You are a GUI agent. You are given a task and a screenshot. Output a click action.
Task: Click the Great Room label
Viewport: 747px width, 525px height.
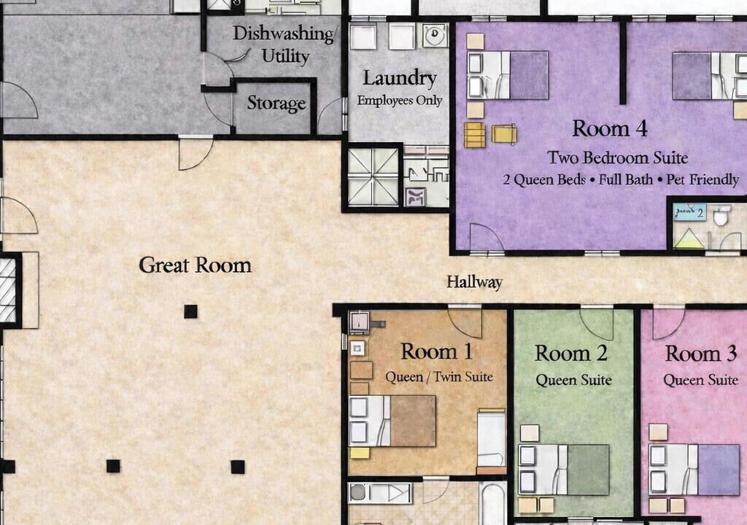coord(196,265)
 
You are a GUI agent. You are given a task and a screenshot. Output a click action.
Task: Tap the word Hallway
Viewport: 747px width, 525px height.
coord(474,282)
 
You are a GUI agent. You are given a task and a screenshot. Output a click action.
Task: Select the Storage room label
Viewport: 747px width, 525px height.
coord(276,104)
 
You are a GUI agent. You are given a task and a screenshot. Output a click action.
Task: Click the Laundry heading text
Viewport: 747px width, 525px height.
coord(400,78)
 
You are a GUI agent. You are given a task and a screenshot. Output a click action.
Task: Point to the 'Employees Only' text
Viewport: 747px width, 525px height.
coord(400,101)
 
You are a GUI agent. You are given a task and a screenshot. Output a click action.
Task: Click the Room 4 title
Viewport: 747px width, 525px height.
coord(609,128)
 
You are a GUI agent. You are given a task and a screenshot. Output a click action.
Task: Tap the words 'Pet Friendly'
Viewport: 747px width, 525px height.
coord(703,180)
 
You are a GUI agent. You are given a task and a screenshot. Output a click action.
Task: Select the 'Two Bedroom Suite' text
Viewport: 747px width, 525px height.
coord(617,157)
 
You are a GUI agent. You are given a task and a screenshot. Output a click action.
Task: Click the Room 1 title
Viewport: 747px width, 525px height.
coord(437,351)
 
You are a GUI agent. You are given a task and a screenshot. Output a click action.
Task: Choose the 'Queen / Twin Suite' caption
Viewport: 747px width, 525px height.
coord(438,377)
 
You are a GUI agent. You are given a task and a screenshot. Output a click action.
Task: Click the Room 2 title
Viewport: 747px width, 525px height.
coord(570,354)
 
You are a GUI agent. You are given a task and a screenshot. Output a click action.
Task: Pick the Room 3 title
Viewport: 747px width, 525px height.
coord(701,354)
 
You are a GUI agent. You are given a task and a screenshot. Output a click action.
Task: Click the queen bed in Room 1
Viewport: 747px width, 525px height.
coord(392,421)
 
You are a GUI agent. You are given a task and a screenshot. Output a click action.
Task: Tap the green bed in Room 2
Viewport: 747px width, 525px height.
coord(564,470)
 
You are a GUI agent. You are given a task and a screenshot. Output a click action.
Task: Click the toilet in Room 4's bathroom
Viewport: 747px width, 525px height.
coord(722,215)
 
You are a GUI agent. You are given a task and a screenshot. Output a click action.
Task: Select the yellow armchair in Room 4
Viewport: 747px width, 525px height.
coord(504,134)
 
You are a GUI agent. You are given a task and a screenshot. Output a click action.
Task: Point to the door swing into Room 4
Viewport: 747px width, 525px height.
coord(487,237)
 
